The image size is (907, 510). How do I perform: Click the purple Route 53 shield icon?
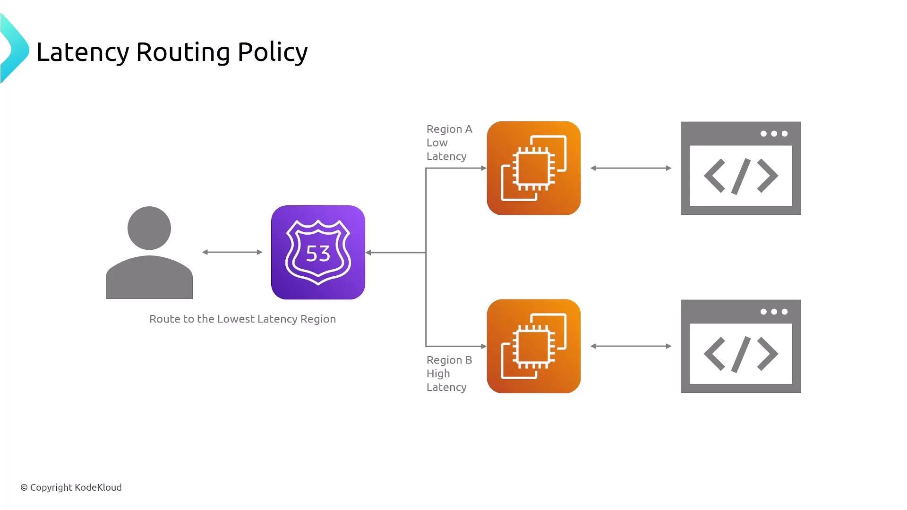click(318, 252)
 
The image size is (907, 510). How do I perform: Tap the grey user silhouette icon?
click(149, 253)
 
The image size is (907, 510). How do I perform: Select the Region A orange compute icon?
click(534, 168)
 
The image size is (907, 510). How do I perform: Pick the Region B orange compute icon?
click(534, 346)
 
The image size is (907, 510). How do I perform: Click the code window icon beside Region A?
click(741, 168)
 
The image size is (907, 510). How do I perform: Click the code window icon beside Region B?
click(741, 346)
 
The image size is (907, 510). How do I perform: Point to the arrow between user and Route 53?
click(232, 252)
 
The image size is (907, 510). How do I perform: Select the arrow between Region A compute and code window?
click(631, 168)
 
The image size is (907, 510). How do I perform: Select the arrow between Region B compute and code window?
click(631, 346)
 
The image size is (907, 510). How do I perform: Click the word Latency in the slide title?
click(83, 52)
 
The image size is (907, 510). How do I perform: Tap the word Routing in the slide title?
click(183, 53)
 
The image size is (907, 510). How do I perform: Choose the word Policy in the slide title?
click(273, 53)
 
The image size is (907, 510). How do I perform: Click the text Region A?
click(449, 129)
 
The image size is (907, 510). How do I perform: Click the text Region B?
click(449, 360)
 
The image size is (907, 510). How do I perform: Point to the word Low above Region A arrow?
click(437, 143)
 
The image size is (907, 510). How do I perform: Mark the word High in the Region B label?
click(438, 374)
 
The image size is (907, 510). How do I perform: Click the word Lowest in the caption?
click(236, 319)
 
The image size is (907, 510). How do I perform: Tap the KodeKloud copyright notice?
click(71, 487)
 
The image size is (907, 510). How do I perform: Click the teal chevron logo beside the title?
click(14, 49)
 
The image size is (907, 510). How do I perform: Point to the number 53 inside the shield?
click(318, 254)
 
